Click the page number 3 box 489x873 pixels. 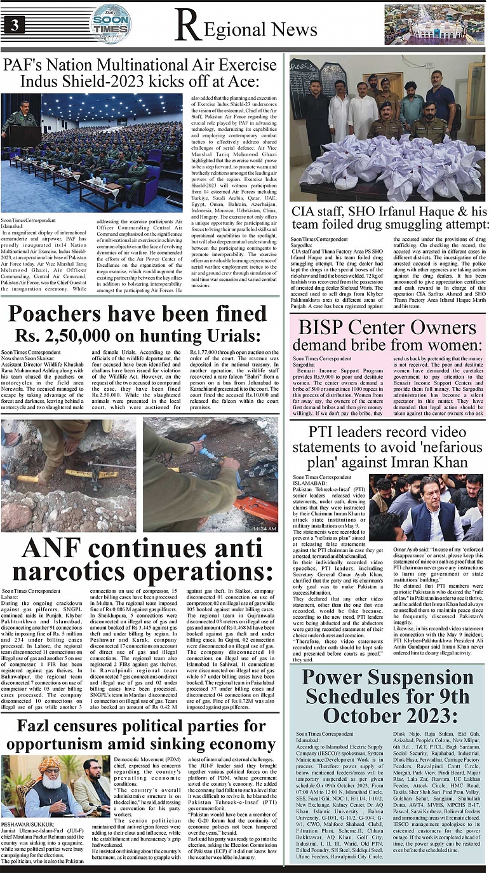tap(14, 25)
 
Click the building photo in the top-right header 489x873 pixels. tap(434, 24)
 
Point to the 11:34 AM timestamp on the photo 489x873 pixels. tap(264, 528)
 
